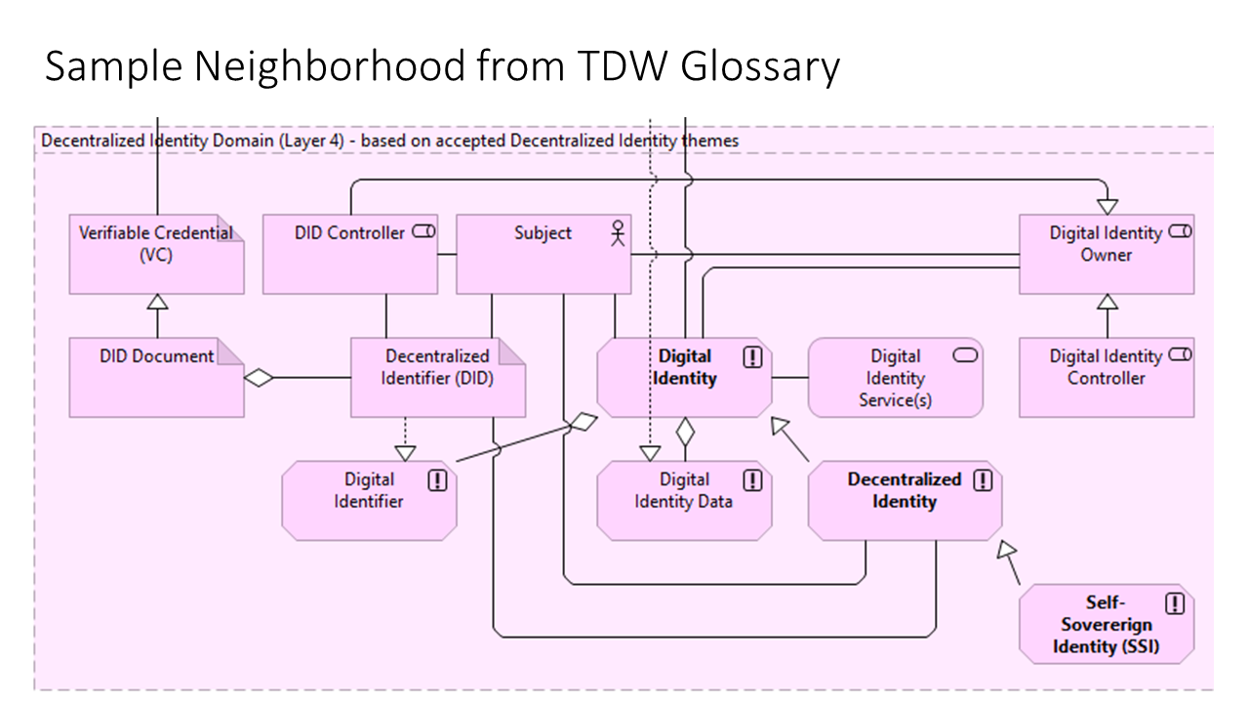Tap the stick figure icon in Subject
617,233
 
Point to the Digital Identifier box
369,501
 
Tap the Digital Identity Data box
683,501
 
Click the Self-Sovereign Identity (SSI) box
1106,624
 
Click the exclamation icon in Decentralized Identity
983,480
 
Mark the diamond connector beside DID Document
259,378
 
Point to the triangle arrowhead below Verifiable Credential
156,302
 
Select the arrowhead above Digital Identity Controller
1107,302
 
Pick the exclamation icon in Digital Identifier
438,480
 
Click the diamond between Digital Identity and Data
685,429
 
